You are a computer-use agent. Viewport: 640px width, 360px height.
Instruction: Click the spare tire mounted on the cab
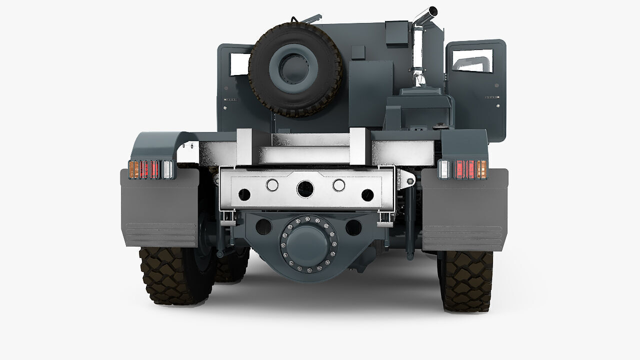265,95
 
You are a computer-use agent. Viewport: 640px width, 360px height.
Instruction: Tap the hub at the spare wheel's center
294,68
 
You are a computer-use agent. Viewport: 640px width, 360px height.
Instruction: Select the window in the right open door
472,61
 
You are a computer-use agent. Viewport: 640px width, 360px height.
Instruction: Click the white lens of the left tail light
168,169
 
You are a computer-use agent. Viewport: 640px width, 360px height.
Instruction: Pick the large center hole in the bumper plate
305,189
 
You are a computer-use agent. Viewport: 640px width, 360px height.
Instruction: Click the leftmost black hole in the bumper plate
244,194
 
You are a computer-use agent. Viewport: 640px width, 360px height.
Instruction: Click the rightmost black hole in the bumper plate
367,195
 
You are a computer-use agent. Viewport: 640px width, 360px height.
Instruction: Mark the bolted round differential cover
308,244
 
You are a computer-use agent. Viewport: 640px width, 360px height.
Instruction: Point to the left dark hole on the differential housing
263,226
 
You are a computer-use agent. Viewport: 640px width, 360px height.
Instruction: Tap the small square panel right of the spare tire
358,52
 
